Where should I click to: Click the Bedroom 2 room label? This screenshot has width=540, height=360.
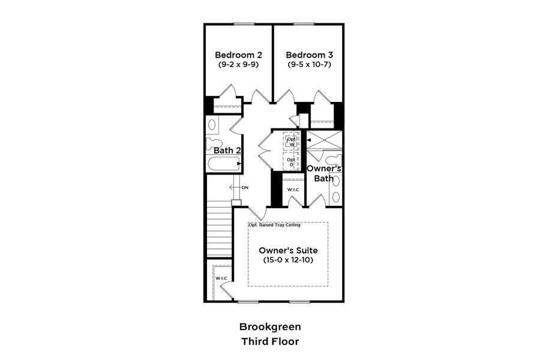(238, 55)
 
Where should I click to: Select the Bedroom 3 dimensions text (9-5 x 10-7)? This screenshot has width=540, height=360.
(308, 64)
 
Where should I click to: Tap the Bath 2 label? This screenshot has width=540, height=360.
(227, 150)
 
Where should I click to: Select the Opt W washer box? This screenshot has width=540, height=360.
(291, 141)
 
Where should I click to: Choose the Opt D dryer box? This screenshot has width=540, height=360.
(291, 161)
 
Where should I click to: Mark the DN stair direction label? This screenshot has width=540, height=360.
(245, 188)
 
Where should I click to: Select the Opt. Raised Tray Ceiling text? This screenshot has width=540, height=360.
(275, 225)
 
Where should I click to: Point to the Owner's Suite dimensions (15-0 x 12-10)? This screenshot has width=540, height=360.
(288, 260)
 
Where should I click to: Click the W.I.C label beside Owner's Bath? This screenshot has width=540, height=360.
(293, 190)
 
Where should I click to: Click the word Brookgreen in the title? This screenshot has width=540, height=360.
(270, 327)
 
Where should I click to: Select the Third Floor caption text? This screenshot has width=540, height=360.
(270, 341)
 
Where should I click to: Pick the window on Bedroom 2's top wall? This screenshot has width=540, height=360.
(243, 24)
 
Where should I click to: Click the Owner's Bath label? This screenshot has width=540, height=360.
(324, 173)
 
